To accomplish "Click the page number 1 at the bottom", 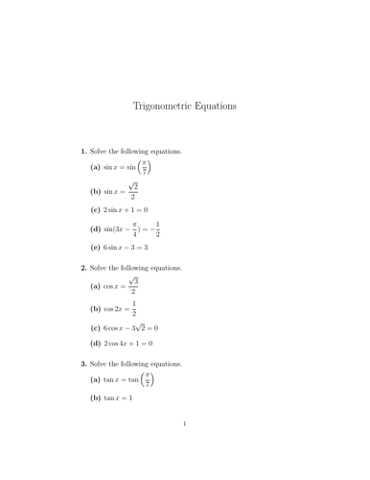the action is (185, 449).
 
